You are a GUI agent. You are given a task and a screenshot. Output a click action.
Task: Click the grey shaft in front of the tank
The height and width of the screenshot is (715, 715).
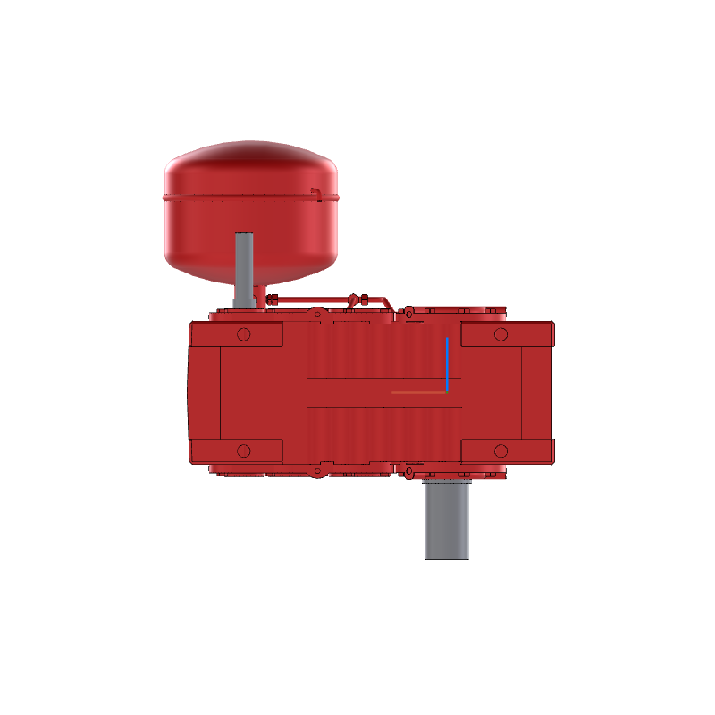(x=244, y=268)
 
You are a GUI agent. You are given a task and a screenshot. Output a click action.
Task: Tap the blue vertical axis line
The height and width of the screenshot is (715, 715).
(x=447, y=362)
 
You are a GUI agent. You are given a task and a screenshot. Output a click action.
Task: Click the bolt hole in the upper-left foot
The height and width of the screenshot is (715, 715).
(x=243, y=334)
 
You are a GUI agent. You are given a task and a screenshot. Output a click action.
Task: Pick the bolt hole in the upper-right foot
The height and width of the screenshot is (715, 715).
(x=500, y=334)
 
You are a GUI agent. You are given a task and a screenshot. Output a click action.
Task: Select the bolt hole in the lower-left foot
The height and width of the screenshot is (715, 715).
(x=243, y=450)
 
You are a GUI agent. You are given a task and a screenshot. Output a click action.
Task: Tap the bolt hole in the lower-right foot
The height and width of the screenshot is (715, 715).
(x=500, y=450)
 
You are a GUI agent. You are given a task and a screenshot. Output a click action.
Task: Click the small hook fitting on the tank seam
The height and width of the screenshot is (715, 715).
(x=315, y=191)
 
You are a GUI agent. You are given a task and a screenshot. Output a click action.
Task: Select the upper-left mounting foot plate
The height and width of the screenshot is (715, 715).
(x=237, y=334)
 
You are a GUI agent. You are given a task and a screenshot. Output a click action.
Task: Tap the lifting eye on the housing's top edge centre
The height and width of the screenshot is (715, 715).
(x=317, y=314)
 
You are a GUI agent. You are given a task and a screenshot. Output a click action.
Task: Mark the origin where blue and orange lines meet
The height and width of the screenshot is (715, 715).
(x=447, y=392)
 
